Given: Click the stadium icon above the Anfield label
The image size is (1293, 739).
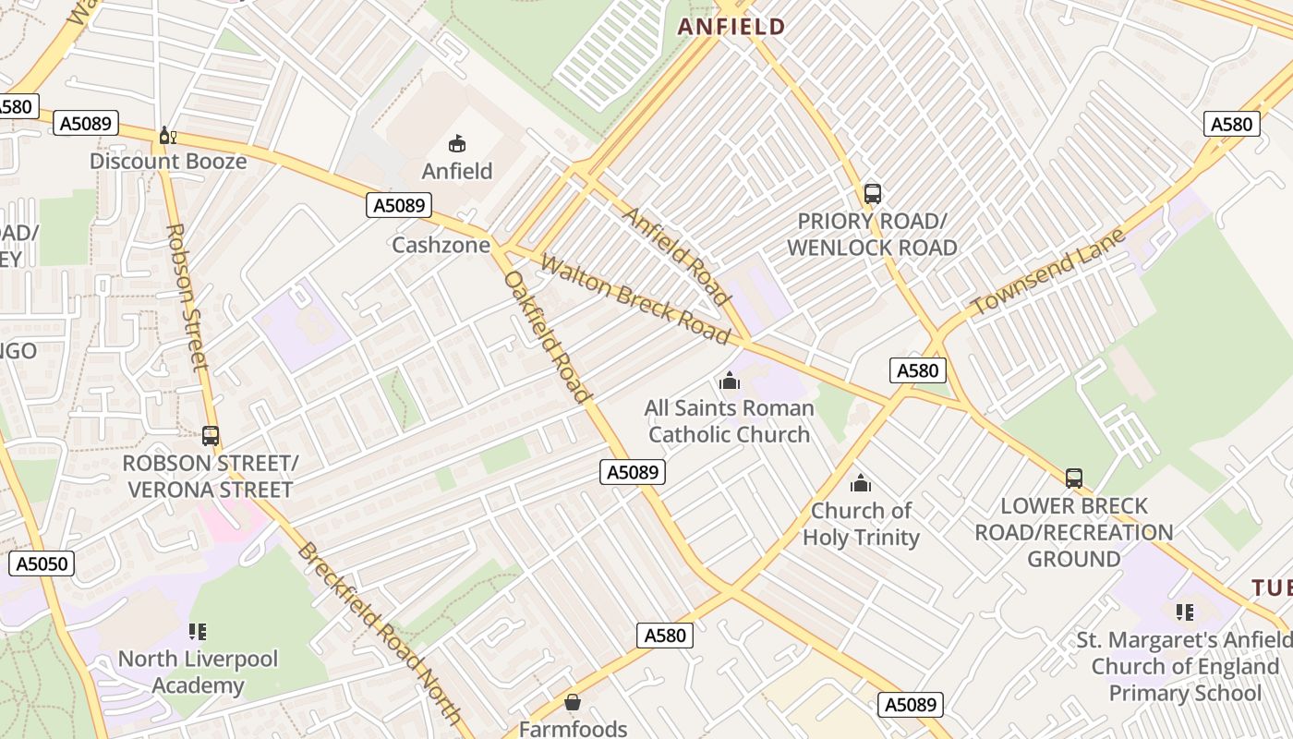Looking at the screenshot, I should [457, 143].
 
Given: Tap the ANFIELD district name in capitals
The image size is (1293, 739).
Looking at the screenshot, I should [731, 27].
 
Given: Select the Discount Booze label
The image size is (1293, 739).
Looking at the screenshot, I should [168, 162].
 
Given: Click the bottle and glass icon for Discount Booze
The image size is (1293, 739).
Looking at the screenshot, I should [167, 136].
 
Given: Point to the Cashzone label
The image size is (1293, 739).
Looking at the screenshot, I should [440, 245].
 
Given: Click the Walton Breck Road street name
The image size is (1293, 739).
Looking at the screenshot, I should [635, 299].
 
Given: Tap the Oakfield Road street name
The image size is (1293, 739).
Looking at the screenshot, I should [547, 337].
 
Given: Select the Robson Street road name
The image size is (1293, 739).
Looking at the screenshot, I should [188, 296].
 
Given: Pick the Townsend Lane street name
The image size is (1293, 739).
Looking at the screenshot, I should [1048, 271].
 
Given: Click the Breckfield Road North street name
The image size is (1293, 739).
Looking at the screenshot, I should [380, 632].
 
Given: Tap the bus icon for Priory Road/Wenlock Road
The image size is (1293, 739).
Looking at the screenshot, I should [873, 194].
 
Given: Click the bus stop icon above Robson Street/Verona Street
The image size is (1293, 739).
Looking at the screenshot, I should [211, 435].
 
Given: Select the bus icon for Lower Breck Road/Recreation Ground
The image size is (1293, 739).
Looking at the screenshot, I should [1074, 479].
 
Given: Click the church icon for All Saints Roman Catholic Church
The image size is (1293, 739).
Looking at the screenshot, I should [730, 381].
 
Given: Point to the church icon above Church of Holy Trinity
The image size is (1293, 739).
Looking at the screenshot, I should [861, 483].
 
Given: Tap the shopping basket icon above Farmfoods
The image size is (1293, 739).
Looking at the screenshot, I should [573, 702].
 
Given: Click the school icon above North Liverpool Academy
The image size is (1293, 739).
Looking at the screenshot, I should [198, 632].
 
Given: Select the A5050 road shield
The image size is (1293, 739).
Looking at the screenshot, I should [42, 563].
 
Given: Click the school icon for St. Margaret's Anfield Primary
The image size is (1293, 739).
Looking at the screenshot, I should [1185, 612].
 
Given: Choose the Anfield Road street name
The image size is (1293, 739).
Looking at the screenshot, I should [677, 256].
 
